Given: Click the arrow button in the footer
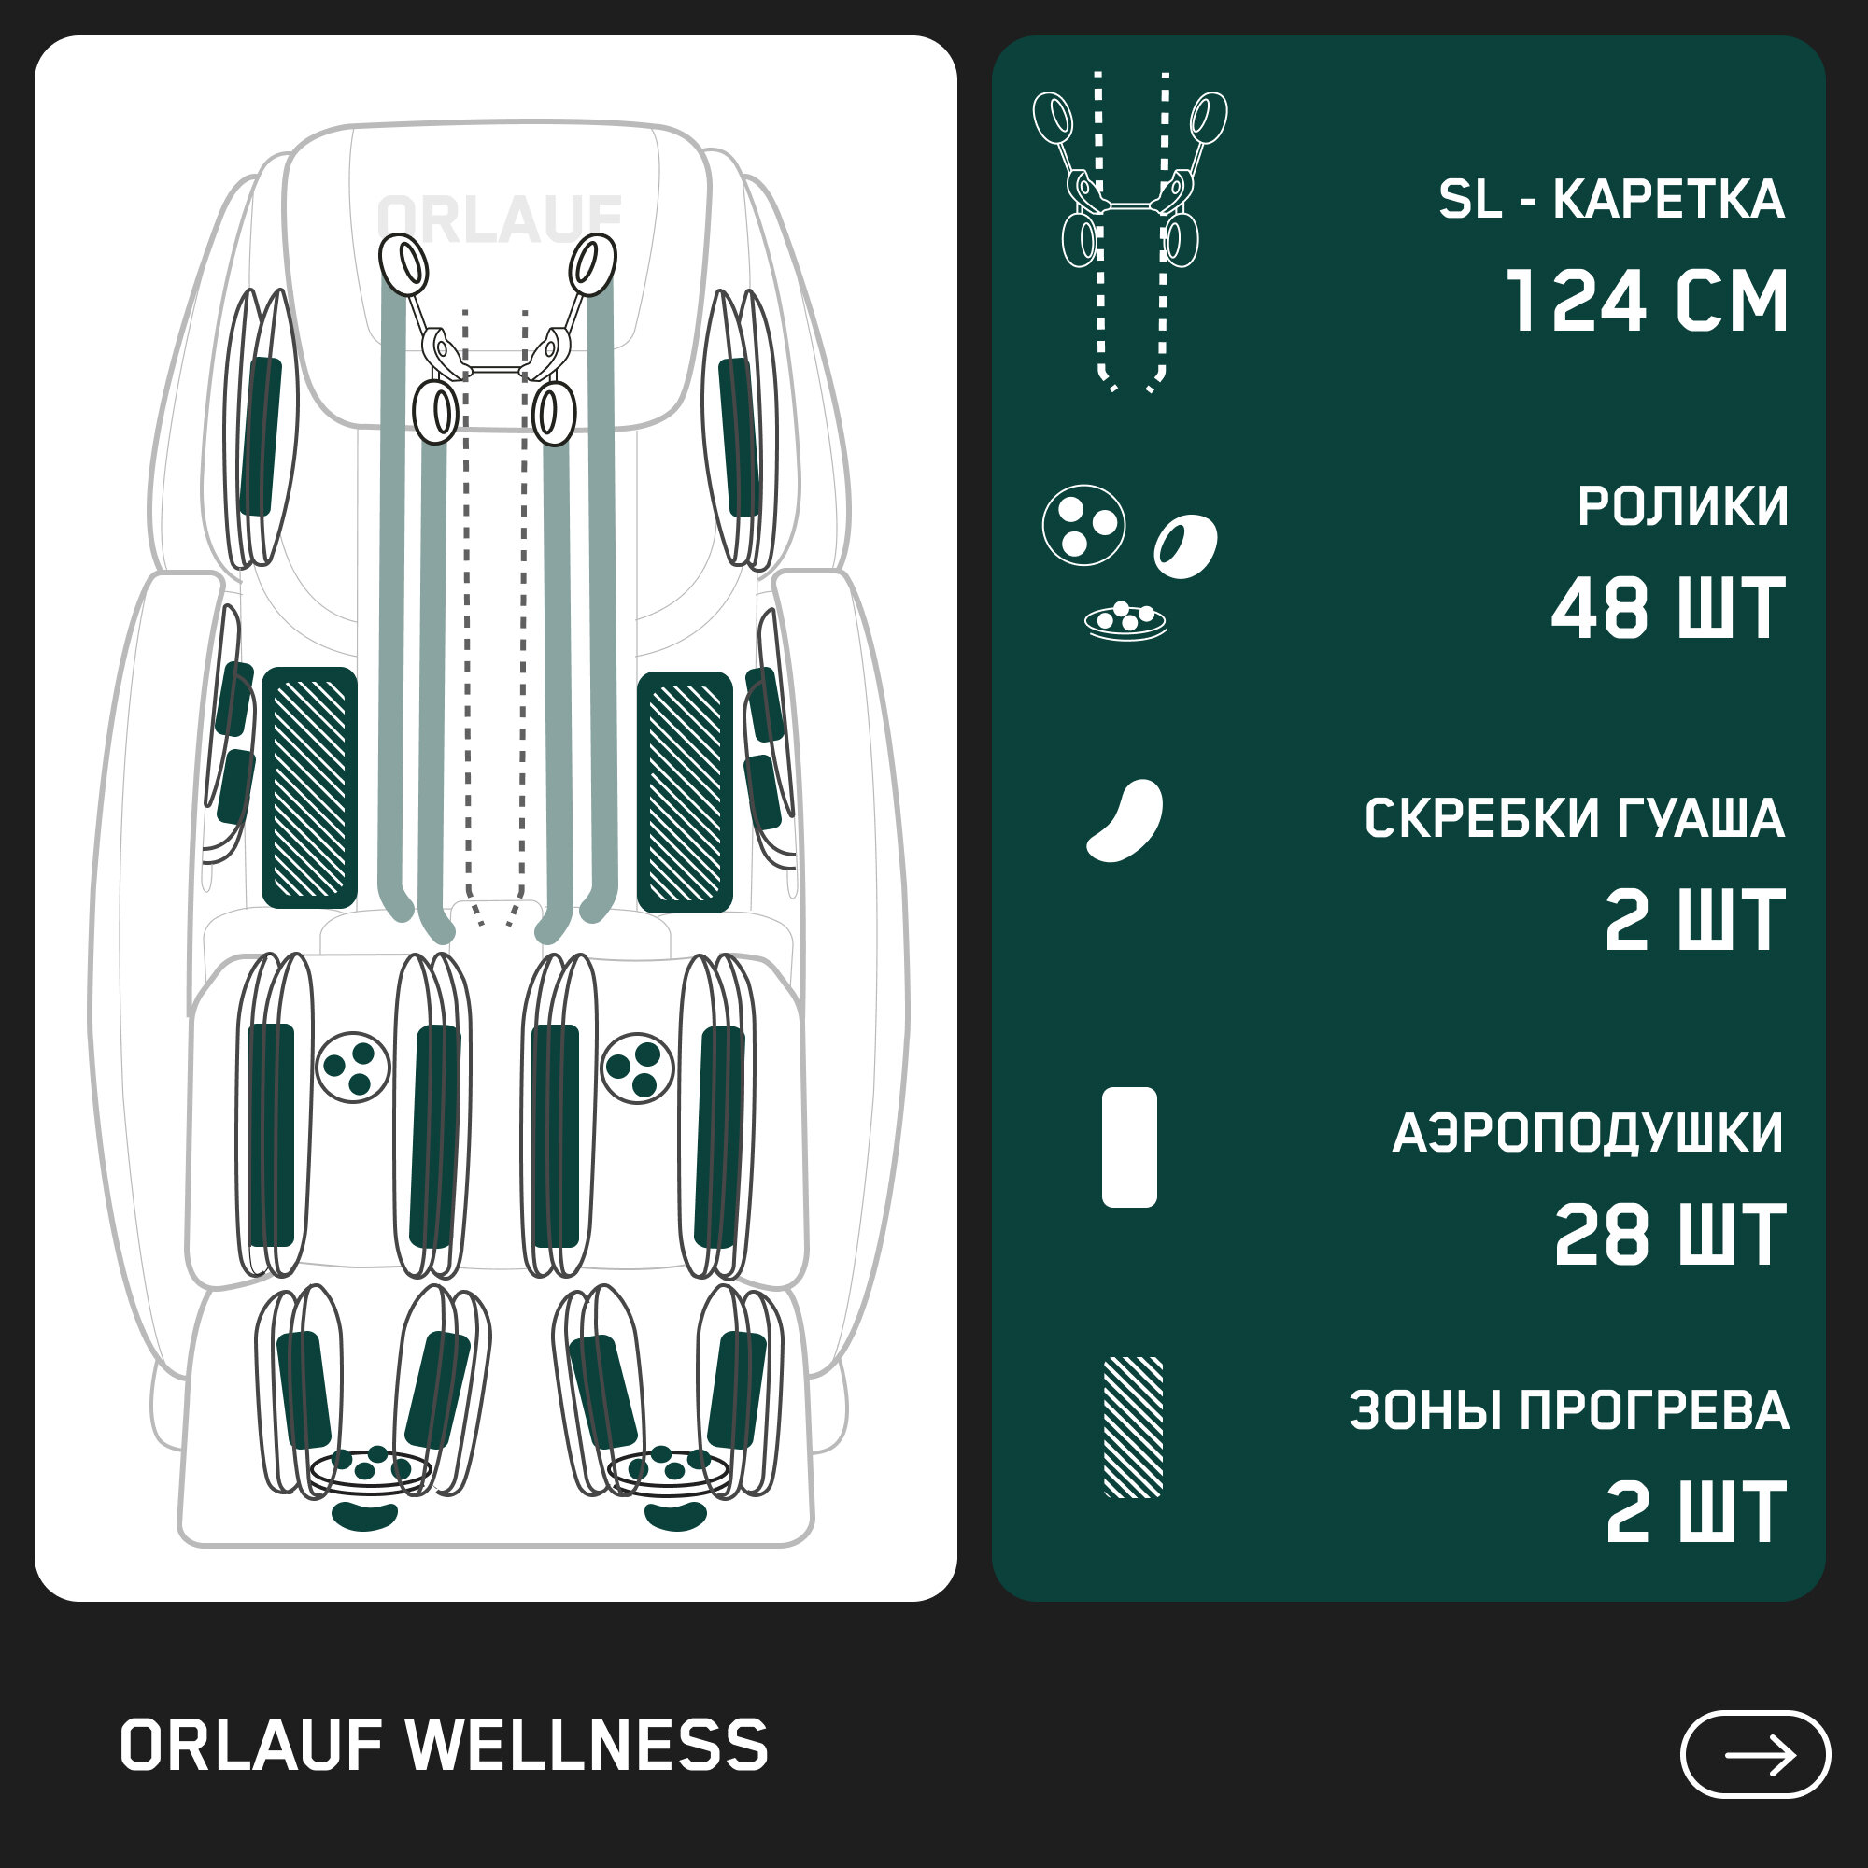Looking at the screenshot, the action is point(1755,1755).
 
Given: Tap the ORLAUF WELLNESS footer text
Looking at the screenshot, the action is point(444,1747).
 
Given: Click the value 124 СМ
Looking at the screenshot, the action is point(1647,302).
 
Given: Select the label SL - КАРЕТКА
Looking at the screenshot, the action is point(1611,200).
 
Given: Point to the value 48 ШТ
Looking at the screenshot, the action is point(1669,608).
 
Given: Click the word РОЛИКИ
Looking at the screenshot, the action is point(1682,505).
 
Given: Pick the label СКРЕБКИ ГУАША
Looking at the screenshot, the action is point(1574,819).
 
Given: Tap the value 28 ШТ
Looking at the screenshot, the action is point(1670,1235).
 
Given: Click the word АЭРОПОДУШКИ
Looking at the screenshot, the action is point(1588,1133).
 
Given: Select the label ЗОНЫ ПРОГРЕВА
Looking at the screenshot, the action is point(1568,1410).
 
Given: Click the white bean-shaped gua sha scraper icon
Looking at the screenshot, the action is point(1125,820).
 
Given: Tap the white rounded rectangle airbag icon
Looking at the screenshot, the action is point(1129,1147).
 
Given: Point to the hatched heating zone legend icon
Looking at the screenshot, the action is point(1133,1427).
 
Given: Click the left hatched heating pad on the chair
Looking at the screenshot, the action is point(309,788).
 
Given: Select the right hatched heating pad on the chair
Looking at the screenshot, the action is point(685,792).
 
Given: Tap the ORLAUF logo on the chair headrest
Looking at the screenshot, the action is point(499,219).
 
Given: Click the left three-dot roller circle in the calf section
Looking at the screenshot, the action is point(353,1068).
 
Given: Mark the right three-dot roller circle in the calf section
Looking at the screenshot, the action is point(637,1068).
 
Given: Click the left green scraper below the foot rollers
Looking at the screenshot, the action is point(364,1516).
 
